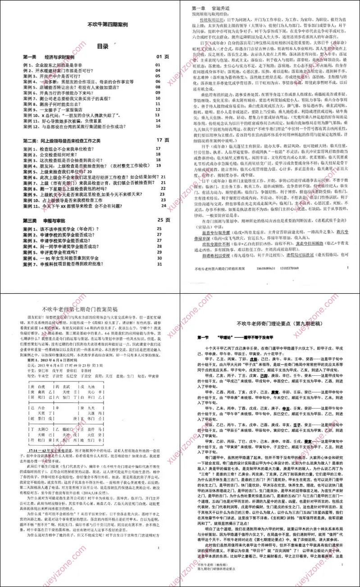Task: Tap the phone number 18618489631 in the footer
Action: pos(269,268)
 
